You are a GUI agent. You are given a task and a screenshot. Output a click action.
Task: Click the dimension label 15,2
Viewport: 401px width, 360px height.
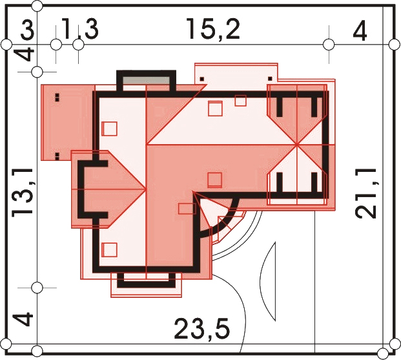[213, 29]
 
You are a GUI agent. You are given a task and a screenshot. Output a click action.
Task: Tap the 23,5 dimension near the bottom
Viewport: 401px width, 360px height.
[202, 328]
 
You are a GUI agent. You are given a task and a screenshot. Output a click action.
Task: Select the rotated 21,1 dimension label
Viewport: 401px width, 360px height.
[366, 193]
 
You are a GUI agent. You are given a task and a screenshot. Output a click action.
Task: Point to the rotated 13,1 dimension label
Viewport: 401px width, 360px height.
[23, 191]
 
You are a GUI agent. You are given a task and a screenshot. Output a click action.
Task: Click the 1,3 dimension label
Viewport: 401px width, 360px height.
[80, 29]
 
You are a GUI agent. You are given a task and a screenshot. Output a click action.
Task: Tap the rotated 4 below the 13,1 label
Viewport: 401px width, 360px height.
[23, 318]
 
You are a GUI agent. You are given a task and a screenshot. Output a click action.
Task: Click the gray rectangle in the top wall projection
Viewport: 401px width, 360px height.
[147, 80]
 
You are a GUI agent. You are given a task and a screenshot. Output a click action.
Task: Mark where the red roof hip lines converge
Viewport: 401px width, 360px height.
[296, 145]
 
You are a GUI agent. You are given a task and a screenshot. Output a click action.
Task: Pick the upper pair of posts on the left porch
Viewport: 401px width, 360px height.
[57, 98]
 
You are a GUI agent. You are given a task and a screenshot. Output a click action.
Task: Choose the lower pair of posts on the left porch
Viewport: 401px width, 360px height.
[57, 156]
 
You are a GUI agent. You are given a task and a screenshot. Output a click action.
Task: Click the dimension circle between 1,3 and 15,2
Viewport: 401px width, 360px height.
[78, 45]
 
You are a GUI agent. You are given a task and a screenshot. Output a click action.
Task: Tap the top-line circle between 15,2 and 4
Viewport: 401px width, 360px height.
[329, 45]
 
